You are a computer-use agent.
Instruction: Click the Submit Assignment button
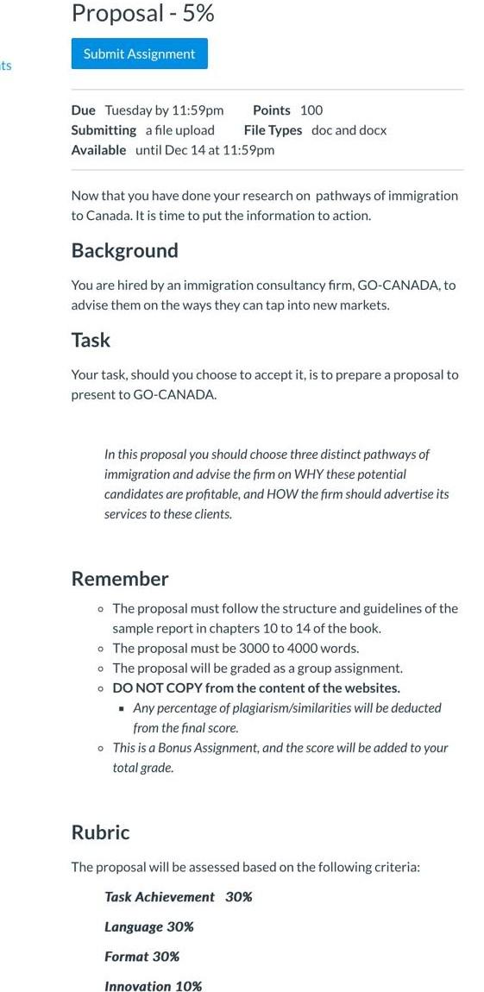pyautogui.click(x=139, y=53)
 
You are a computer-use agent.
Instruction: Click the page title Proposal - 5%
pyautogui.click(x=142, y=13)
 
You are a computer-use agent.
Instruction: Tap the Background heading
pyautogui.click(x=124, y=251)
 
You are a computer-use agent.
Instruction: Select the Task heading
pyautogui.click(x=91, y=340)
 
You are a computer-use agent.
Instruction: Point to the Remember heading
pyautogui.click(x=119, y=579)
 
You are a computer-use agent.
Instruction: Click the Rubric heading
pyautogui.click(x=100, y=832)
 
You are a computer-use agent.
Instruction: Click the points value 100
pyautogui.click(x=311, y=110)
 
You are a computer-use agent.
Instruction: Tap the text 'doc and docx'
pyautogui.click(x=349, y=130)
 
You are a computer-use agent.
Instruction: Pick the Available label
pyautogui.click(x=98, y=150)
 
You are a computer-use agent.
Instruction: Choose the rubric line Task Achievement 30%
pyautogui.click(x=178, y=897)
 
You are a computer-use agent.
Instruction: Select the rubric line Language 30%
pyautogui.click(x=148, y=927)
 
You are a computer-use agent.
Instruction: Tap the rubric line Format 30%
pyautogui.click(x=141, y=957)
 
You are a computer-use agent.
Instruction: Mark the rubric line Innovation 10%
pyautogui.click(x=153, y=986)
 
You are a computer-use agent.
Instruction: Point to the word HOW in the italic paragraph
pyautogui.click(x=309, y=494)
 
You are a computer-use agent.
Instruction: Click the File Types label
pyautogui.click(x=273, y=130)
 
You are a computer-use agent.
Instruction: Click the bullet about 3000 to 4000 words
pyautogui.click(x=236, y=649)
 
